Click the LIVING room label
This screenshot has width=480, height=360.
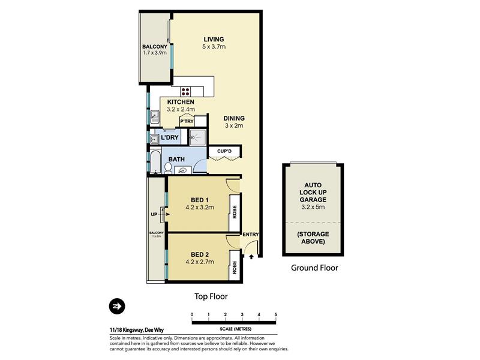click(214, 39)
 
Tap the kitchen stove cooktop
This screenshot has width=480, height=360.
click(185, 91)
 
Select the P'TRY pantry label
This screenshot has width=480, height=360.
click(187, 122)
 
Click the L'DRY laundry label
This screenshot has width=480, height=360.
click(170, 137)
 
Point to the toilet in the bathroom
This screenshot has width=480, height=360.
click(168, 168)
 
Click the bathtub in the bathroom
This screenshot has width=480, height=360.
click(156, 162)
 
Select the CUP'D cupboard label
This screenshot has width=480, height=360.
click(224, 151)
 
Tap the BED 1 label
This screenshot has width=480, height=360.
click(200, 200)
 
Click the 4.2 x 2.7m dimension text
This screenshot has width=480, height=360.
click(200, 262)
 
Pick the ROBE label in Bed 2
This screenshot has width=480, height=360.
click(235, 267)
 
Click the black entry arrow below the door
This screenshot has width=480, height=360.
click(251, 257)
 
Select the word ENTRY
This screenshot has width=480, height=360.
click(250, 235)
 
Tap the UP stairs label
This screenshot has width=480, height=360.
click(154, 214)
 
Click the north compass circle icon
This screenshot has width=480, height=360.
click(117, 306)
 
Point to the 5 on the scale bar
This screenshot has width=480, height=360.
click(276, 314)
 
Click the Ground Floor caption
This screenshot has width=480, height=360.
click(314, 268)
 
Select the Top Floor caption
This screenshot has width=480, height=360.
click(211, 296)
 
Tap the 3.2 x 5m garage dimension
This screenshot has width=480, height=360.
click(313, 207)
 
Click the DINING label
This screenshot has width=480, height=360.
click(234, 118)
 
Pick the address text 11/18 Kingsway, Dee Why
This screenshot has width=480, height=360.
click(137, 330)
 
